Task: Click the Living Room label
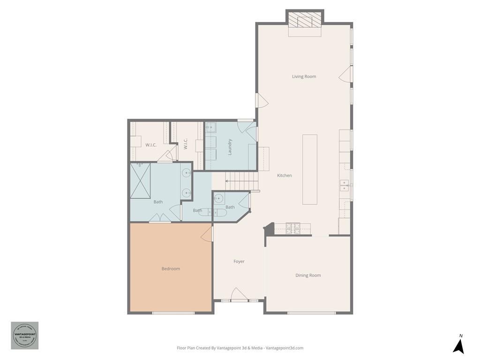[x=304, y=76]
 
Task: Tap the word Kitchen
[x=284, y=175]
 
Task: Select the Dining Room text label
[x=308, y=275]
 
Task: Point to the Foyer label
[x=239, y=262]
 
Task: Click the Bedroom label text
[x=171, y=269]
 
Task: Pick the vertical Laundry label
[x=230, y=146]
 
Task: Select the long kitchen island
[x=309, y=169]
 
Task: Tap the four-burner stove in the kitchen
[x=293, y=228]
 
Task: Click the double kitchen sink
[x=345, y=186]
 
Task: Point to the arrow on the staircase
[x=228, y=180]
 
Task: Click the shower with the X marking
[x=141, y=181]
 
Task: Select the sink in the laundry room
[x=210, y=127]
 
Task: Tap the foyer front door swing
[x=240, y=294]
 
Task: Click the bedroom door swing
[x=207, y=233]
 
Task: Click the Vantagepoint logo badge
[x=25, y=335]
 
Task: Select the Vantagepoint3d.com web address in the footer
[x=285, y=348]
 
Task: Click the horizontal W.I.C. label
[x=151, y=145]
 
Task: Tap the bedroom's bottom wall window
[x=173, y=313]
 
